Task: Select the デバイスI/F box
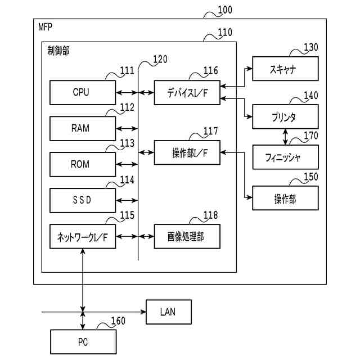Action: tap(187, 92)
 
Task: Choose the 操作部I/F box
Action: tap(187, 152)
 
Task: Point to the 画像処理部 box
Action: tap(187, 236)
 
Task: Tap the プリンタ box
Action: tap(286, 117)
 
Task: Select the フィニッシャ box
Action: tap(286, 157)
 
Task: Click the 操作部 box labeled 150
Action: tap(286, 198)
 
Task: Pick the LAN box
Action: tap(168, 312)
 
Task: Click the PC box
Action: tap(83, 341)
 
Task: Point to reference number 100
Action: tap(224, 10)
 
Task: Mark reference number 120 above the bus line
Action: tap(160, 59)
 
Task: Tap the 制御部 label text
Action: tap(59, 50)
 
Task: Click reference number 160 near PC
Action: tap(118, 321)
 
